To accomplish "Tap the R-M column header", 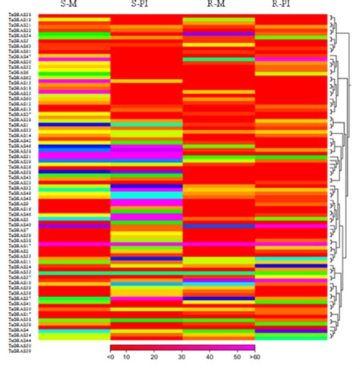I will (219, 7).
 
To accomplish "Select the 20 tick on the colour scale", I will (155, 356).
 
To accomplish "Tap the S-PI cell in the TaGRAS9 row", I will (146, 203).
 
